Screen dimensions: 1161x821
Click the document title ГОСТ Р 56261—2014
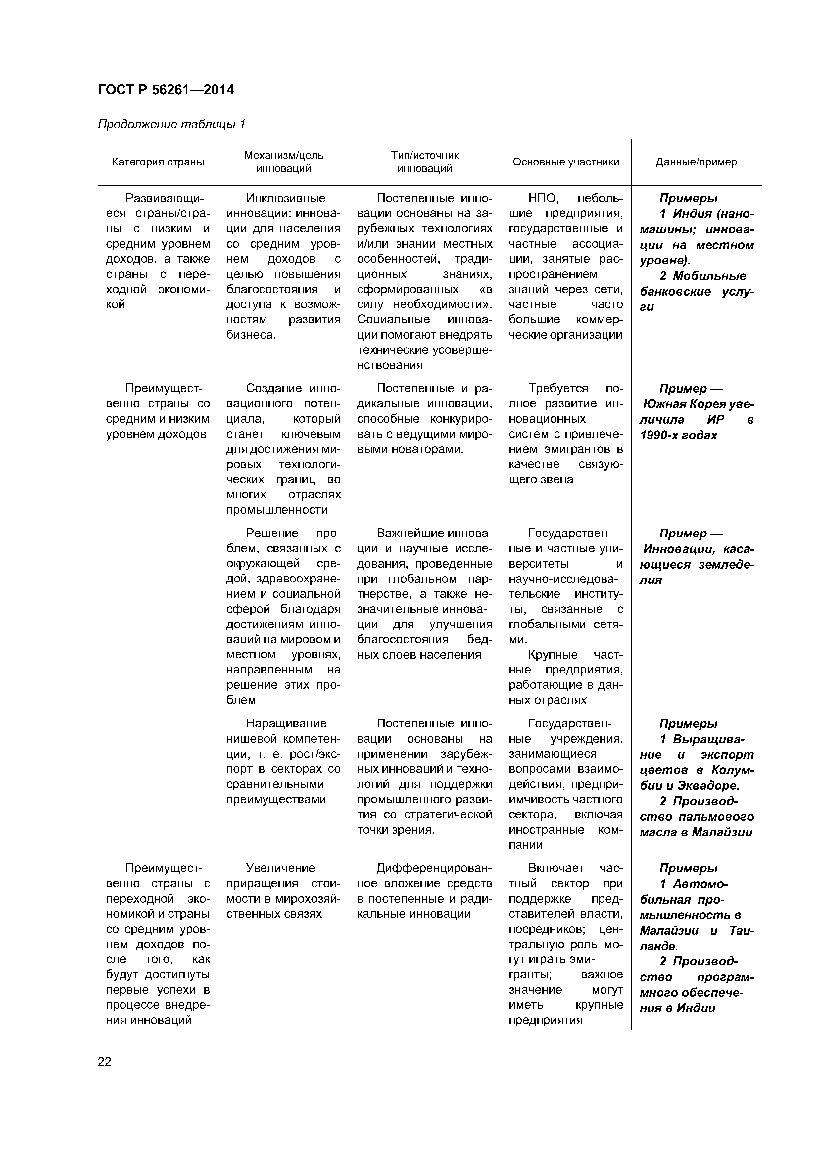166,90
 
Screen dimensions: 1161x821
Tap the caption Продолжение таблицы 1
171,124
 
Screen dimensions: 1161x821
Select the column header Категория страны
158,162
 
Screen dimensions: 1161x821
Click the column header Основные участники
565,162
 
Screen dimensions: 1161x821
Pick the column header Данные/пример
696,162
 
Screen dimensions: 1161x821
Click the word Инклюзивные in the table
285,198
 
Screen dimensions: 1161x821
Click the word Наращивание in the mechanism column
286,723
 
